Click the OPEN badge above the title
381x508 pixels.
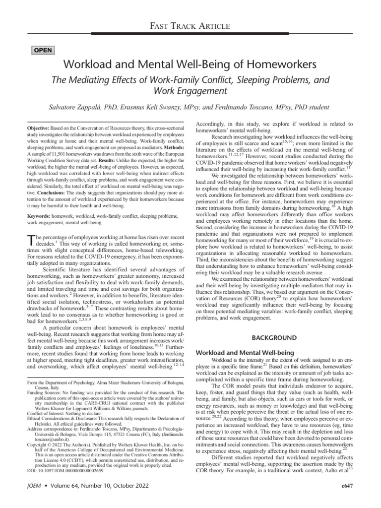[43, 51]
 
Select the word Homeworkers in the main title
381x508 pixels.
[280, 64]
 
